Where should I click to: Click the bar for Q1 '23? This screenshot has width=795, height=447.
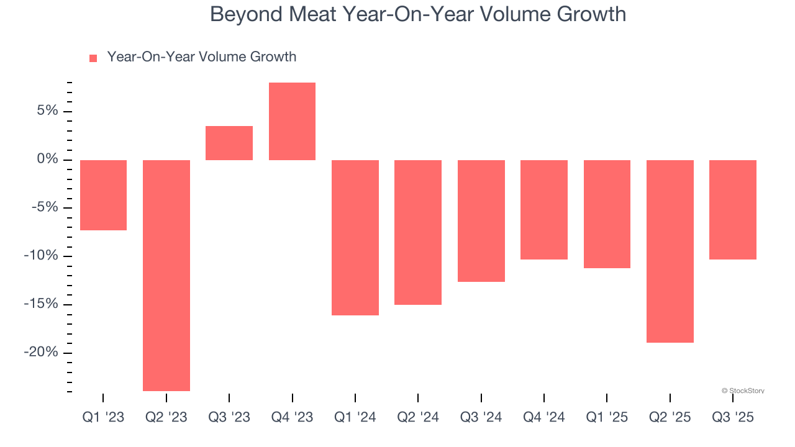(x=103, y=195)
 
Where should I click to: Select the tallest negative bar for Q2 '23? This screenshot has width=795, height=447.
(x=166, y=275)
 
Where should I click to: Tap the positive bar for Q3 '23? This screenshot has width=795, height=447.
(x=229, y=143)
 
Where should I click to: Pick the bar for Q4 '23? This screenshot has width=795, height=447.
(x=292, y=121)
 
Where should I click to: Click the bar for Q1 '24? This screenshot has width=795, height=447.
(x=355, y=237)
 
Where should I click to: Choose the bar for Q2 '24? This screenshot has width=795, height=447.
(x=418, y=232)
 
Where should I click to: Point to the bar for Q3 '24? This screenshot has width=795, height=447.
(x=481, y=220)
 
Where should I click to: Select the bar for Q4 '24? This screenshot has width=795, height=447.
(x=544, y=209)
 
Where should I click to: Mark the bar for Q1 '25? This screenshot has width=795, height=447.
(x=607, y=214)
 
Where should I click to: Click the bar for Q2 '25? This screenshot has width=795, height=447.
(x=670, y=251)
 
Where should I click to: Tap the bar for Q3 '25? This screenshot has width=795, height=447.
(x=733, y=209)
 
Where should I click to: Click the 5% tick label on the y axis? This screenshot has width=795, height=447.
(x=47, y=111)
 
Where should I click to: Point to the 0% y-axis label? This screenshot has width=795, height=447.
(x=47, y=160)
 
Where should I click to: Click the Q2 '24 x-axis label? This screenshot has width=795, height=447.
(x=418, y=417)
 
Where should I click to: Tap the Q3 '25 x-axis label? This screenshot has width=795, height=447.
(x=733, y=417)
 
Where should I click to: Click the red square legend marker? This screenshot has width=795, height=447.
(x=93, y=58)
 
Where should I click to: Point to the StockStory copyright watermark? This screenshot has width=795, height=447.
(x=743, y=391)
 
